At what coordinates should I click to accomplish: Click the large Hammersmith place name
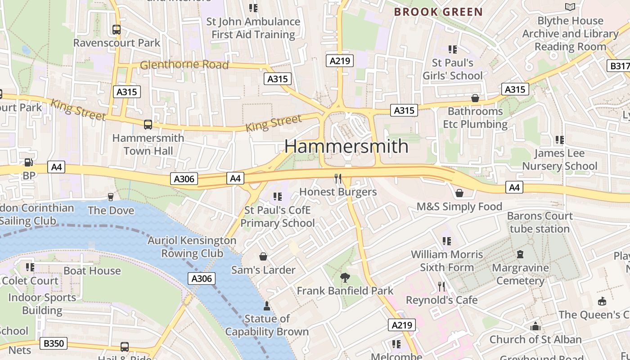point(346,146)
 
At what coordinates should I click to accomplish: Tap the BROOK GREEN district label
point(438,12)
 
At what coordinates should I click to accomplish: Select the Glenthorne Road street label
point(184,65)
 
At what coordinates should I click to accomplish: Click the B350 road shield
point(54,343)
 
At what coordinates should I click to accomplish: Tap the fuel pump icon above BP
point(28,162)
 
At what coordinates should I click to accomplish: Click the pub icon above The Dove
point(111,197)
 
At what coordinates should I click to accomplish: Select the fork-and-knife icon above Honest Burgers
point(338,179)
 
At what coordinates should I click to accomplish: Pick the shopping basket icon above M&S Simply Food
point(459,193)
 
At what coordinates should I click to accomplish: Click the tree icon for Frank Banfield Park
point(345,277)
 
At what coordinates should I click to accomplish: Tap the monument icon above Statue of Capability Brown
point(267,306)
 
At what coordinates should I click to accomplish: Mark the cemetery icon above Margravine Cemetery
point(520,254)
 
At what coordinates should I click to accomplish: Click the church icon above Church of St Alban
point(535,326)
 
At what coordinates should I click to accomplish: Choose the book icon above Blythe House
point(570,7)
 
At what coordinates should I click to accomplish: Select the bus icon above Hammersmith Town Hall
point(148,125)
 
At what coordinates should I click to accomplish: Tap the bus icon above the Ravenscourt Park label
point(117,30)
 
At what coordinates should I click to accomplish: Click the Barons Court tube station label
point(540,222)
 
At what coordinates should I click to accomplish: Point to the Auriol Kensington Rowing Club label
point(192,247)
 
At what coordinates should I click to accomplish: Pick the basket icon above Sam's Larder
point(263,256)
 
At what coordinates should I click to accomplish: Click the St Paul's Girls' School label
point(452,69)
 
